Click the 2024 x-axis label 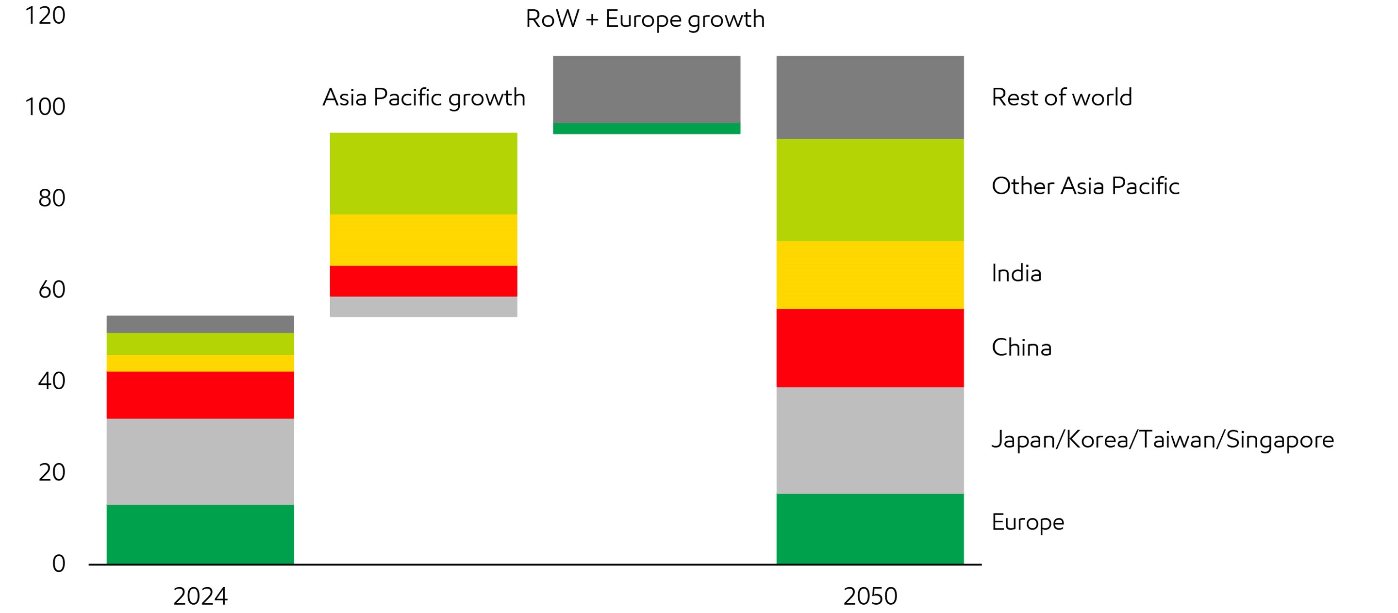(200, 596)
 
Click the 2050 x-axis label (870, 596)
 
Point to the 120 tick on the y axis (45, 15)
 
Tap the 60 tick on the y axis (51, 289)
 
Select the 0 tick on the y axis (59, 563)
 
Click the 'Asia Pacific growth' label (423, 98)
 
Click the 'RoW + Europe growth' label (645, 19)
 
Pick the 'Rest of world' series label (1062, 98)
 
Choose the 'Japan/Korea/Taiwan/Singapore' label (1163, 439)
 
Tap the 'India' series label (1016, 273)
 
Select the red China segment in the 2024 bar (200, 395)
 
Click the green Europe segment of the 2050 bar (870, 529)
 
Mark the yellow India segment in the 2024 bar (200, 363)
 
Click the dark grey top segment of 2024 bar (200, 324)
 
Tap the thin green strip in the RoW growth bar (647, 129)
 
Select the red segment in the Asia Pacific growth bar (423, 281)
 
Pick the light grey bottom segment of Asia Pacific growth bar (423, 307)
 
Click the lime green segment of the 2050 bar (870, 190)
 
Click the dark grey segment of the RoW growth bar (647, 89)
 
